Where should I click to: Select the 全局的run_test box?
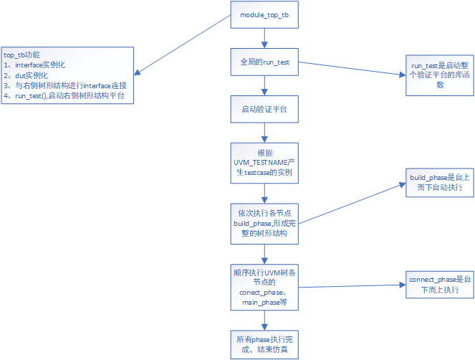point(265,62)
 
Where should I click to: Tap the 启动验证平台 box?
point(265,109)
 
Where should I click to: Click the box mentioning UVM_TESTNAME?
point(265,163)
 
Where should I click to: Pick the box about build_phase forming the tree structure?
point(265,223)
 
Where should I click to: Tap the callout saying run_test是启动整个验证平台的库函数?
point(436,75)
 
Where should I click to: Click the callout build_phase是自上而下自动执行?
point(437,182)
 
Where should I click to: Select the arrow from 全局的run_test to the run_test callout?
point(351,69)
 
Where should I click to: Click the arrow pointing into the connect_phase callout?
point(351,286)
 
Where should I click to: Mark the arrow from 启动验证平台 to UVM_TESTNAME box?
point(265,133)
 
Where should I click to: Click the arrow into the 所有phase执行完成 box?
point(265,319)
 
